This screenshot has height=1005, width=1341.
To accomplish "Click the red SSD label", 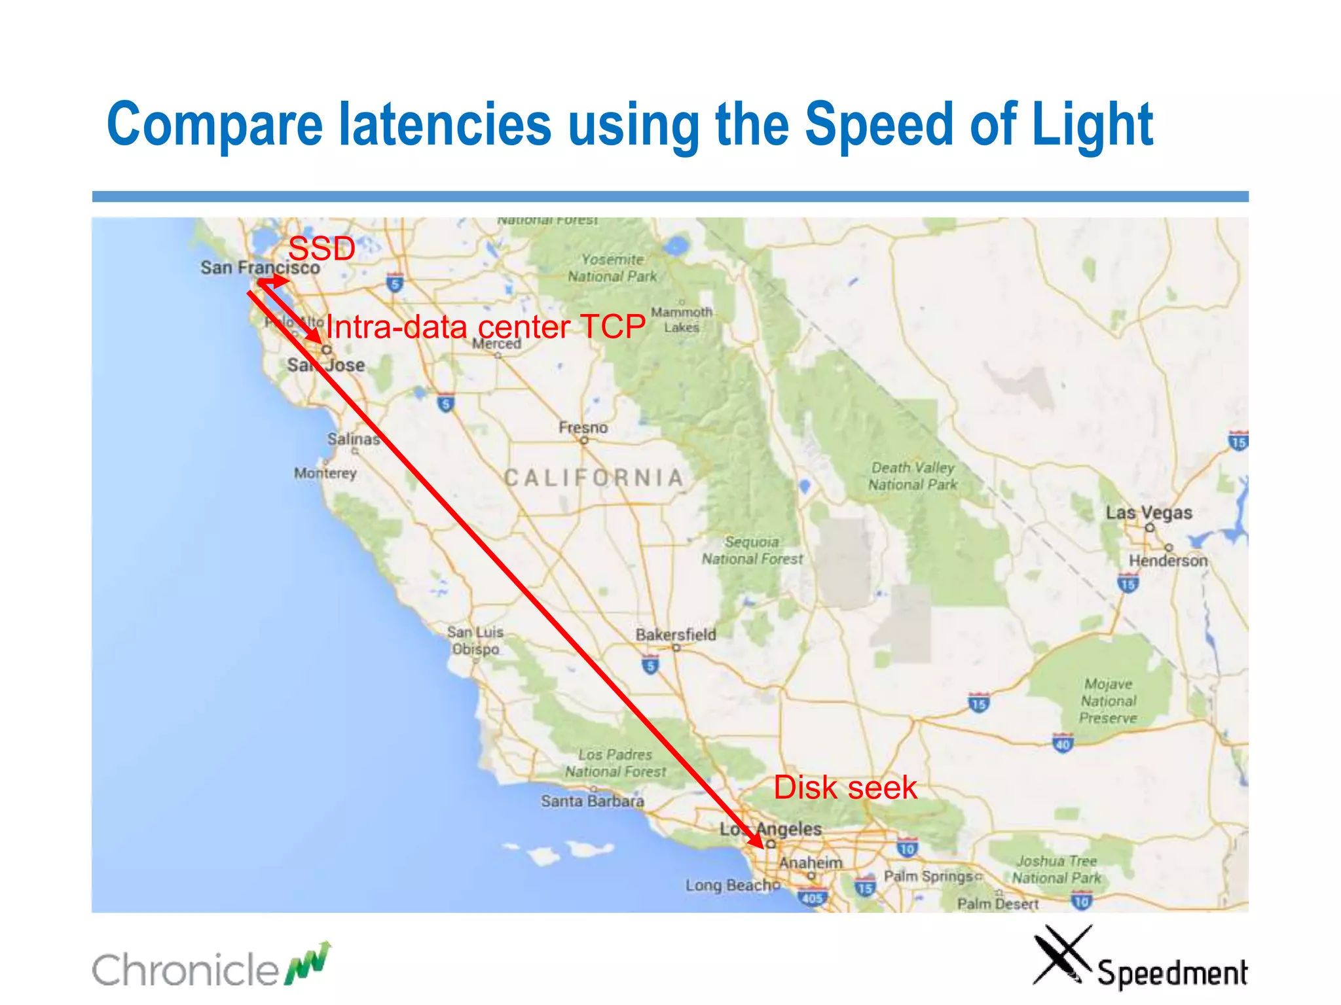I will (321, 249).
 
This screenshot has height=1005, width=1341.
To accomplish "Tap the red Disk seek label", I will (845, 788).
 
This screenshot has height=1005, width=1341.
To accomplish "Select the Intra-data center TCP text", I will (485, 326).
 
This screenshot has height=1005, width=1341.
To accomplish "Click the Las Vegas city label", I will (1148, 512).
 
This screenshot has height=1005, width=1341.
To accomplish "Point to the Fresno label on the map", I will (583, 428).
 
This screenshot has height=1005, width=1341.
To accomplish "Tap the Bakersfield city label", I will (675, 634).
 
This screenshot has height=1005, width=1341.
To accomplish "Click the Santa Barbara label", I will (592, 801).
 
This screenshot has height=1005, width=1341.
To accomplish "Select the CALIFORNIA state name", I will (594, 478).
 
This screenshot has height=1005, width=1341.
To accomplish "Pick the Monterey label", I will (325, 473).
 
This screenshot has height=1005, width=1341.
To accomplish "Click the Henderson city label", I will (1167, 561).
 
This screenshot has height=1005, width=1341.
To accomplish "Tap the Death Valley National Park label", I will (913, 476).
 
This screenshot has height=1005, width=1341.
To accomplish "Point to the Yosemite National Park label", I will (612, 268).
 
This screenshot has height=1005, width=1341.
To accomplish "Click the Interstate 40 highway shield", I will (1062, 744).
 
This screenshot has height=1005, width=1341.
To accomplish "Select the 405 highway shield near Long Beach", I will (812, 898).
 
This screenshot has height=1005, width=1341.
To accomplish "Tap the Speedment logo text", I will (1172, 973).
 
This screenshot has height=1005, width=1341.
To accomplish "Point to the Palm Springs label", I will (928, 876).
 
